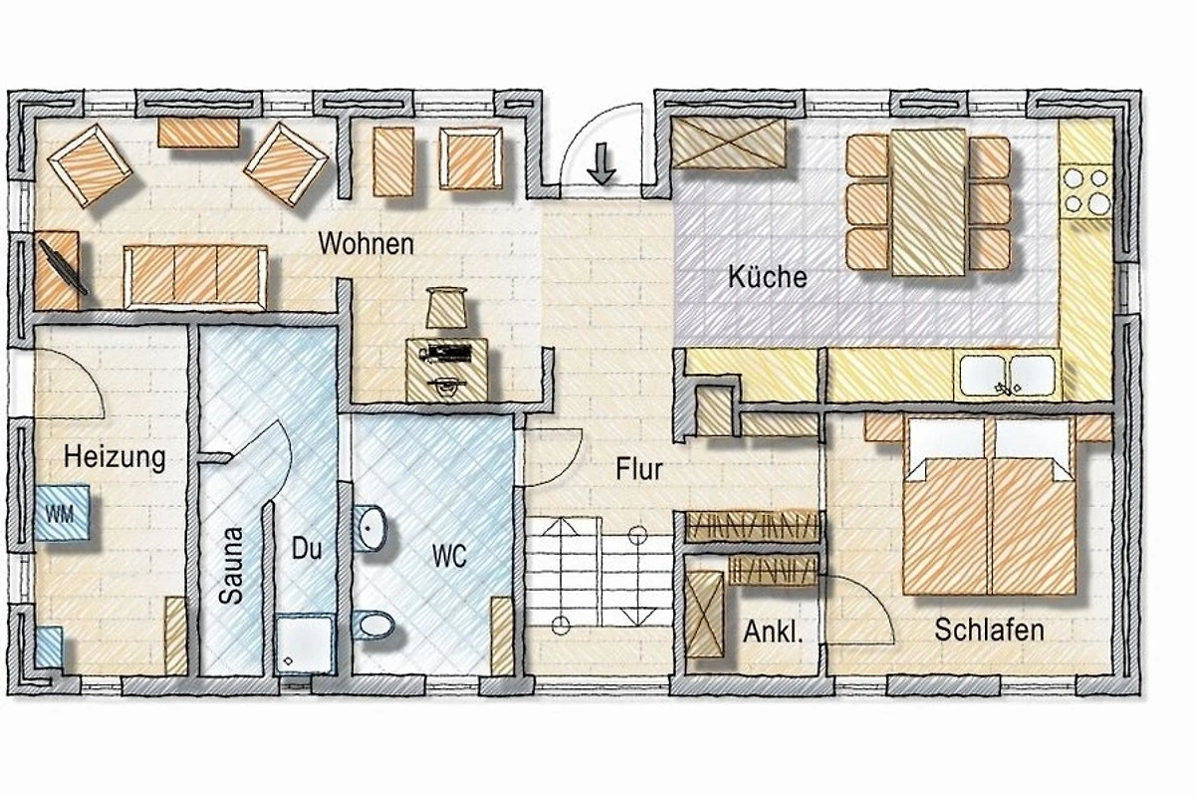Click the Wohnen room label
(x=366, y=244)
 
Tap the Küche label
(x=767, y=277)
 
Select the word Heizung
(x=115, y=457)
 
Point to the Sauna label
(x=231, y=566)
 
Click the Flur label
(x=638, y=468)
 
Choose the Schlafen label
(x=989, y=630)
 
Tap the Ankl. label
(x=773, y=632)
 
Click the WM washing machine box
(x=62, y=513)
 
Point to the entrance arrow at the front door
(x=601, y=163)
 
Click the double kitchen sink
(x=1007, y=376)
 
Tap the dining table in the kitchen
(x=928, y=202)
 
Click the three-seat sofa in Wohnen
(x=195, y=277)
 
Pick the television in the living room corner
(x=63, y=266)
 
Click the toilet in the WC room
(x=373, y=624)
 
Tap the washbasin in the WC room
(x=369, y=528)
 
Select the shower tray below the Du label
(x=304, y=645)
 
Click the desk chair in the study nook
(x=446, y=307)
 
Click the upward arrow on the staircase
(x=561, y=571)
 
